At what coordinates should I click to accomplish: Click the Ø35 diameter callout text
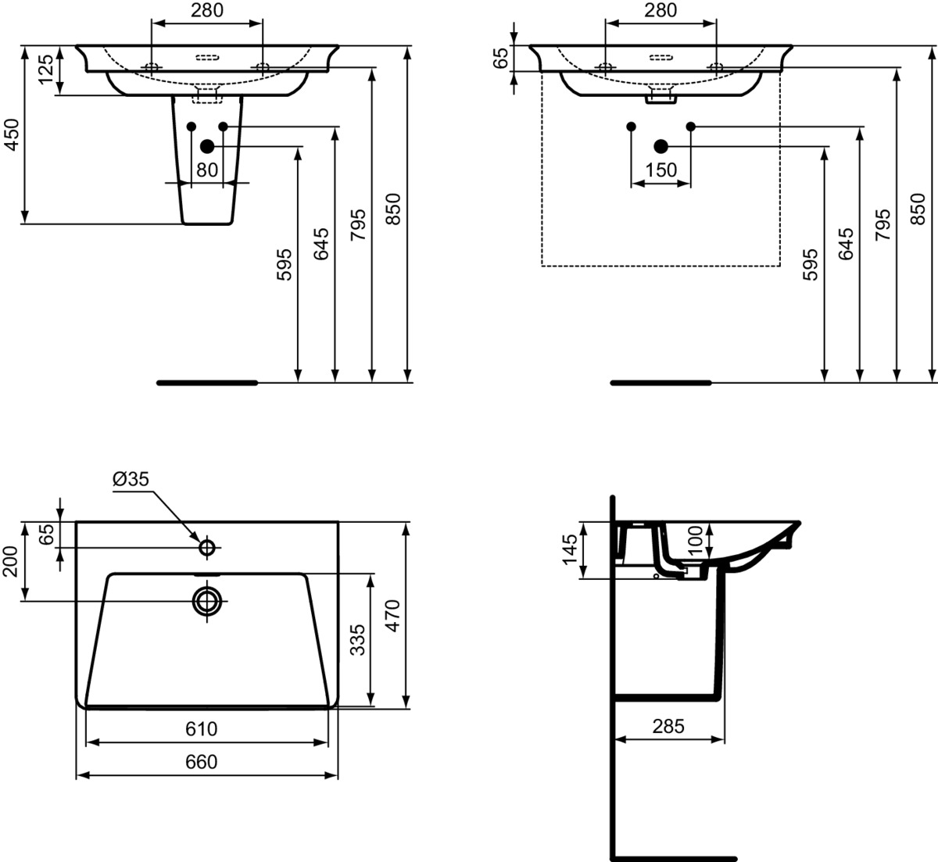131,479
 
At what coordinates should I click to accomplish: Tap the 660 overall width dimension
202,763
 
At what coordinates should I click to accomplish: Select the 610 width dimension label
202,729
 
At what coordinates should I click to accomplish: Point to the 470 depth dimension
393,616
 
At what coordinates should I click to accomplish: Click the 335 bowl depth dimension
358,640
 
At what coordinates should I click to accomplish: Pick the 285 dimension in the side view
668,726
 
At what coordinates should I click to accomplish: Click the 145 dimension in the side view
571,550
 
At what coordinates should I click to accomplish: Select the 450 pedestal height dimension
12,134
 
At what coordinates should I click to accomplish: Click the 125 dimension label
46,70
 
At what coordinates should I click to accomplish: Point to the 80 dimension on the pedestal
207,170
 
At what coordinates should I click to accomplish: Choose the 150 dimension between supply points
661,170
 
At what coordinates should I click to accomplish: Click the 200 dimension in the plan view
10,561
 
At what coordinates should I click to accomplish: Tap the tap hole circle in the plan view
207,547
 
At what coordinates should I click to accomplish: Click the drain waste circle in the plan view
207,601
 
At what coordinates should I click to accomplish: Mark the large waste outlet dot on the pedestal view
207,147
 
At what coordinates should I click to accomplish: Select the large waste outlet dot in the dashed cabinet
661,147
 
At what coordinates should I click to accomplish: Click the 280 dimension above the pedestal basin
207,10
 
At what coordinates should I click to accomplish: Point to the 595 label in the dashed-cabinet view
811,265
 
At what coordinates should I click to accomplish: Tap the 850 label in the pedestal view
393,209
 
